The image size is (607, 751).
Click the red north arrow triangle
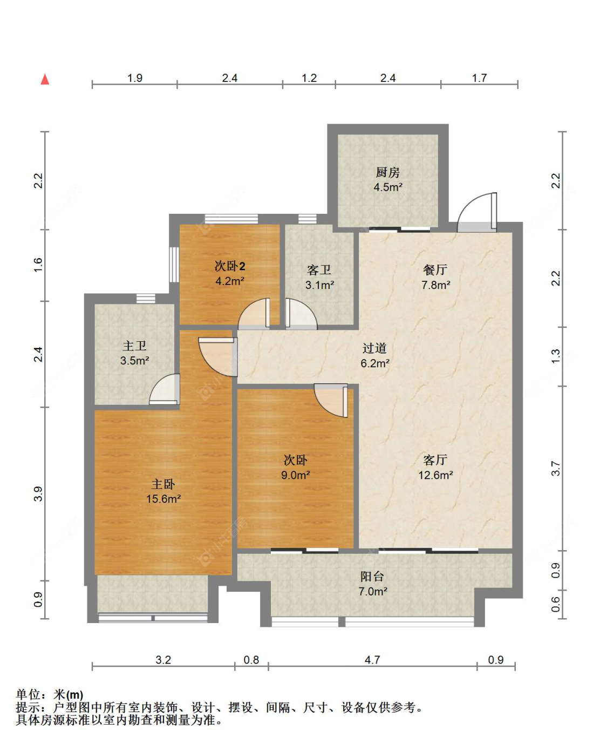pyautogui.click(x=45, y=79)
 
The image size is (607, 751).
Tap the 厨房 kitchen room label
pyautogui.click(x=387, y=172)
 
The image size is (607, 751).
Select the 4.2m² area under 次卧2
pyautogui.click(x=230, y=281)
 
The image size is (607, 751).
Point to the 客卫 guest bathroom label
pyautogui.click(x=319, y=270)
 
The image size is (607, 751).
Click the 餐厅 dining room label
pyautogui.click(x=435, y=270)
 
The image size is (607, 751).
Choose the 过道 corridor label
pyautogui.click(x=374, y=348)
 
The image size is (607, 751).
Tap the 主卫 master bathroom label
pyautogui.click(x=134, y=346)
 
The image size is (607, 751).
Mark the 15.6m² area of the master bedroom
pyautogui.click(x=163, y=498)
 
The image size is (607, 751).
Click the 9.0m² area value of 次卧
pyautogui.click(x=295, y=475)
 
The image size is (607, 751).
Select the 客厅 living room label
pyautogui.click(x=435, y=460)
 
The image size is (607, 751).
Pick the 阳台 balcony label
pyautogui.click(x=372, y=576)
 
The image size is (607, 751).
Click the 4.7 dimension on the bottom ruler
pyautogui.click(x=372, y=660)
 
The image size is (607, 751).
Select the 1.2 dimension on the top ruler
pyautogui.click(x=309, y=78)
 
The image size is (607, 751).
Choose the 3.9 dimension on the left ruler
pyautogui.click(x=38, y=493)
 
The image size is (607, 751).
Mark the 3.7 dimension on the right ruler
pyautogui.click(x=555, y=469)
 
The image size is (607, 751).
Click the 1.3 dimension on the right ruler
pyautogui.click(x=555, y=356)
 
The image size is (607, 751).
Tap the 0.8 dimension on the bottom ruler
pyautogui.click(x=251, y=660)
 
